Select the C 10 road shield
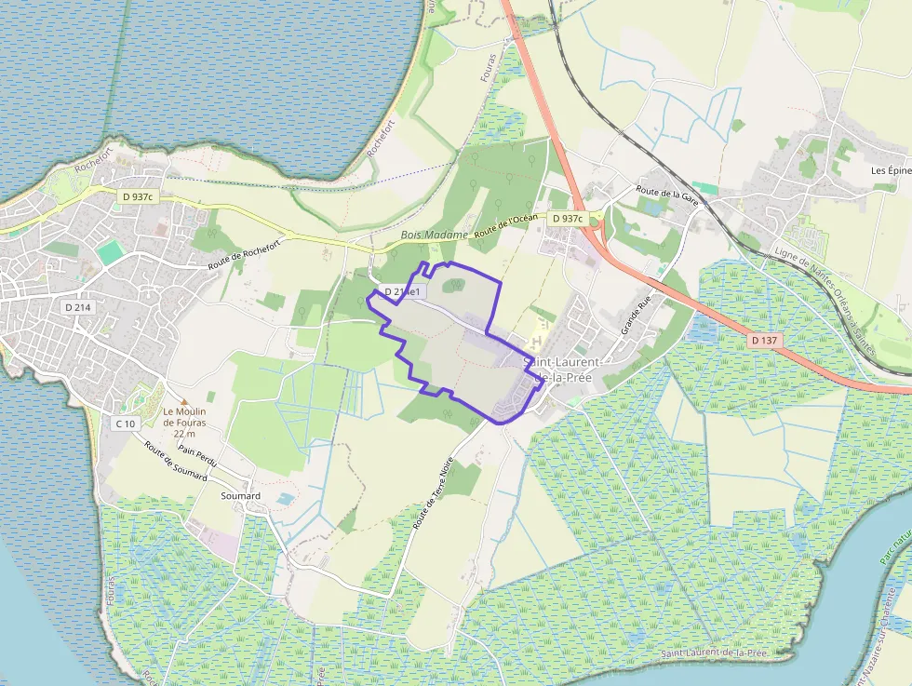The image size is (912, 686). [126, 424]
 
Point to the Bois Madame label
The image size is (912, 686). [434, 235]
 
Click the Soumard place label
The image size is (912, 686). [240, 496]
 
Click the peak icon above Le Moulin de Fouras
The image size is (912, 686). [183, 400]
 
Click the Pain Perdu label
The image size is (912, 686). [198, 455]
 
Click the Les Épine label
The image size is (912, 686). [891, 170]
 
